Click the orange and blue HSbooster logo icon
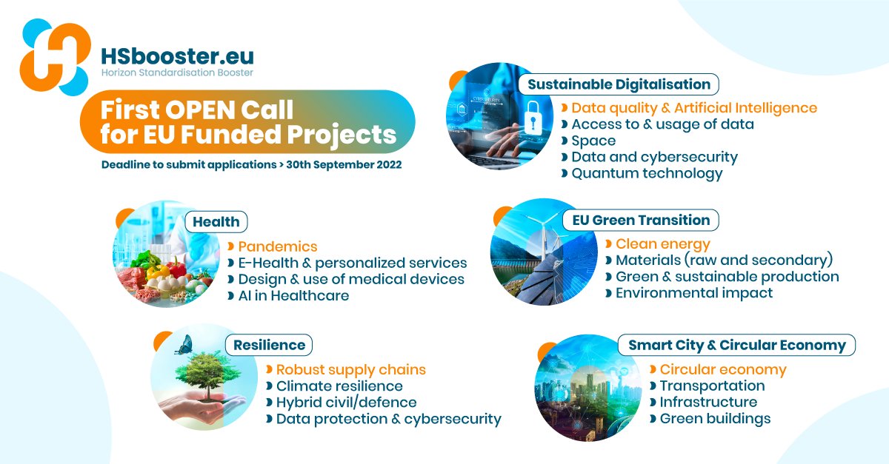(x=55, y=57)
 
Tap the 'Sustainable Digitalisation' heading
(x=619, y=84)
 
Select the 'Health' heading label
(x=216, y=222)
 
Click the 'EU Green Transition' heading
(x=641, y=220)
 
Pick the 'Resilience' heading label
(x=269, y=345)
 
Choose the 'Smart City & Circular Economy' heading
(x=737, y=346)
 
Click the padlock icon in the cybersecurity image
(x=533, y=117)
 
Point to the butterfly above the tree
(x=184, y=345)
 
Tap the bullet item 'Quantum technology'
(x=647, y=174)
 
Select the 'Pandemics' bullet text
(x=277, y=246)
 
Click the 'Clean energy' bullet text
(x=663, y=244)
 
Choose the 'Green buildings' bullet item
(x=715, y=419)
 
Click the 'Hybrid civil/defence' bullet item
(x=347, y=403)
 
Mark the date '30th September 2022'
(x=344, y=164)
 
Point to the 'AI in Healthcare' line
(x=293, y=296)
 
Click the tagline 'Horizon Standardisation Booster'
(x=177, y=73)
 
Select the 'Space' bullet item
(x=593, y=141)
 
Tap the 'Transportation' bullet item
(x=713, y=386)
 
